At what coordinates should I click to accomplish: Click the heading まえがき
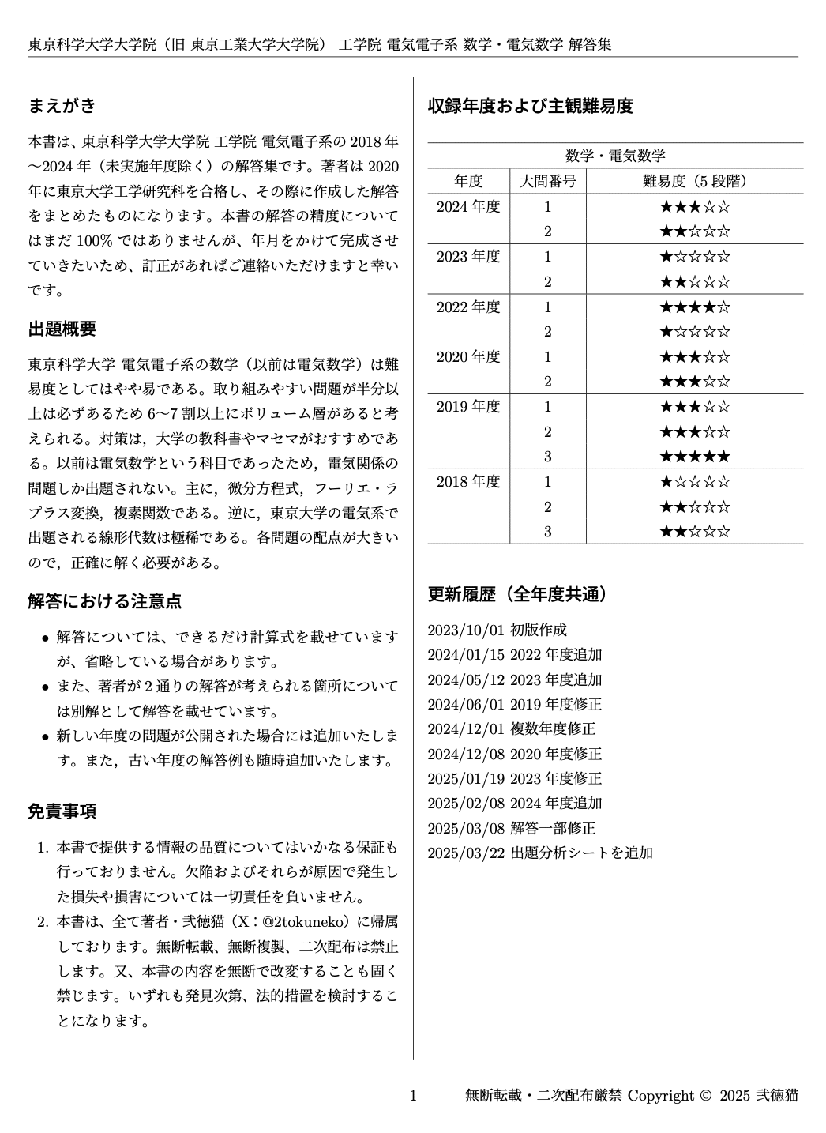[62, 105]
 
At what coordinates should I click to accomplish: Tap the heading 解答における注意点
[105, 600]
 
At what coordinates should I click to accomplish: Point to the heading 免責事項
[62, 811]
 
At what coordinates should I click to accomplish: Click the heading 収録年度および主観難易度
[530, 105]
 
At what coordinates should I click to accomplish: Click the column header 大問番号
[547, 181]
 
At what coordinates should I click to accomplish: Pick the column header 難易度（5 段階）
[694, 181]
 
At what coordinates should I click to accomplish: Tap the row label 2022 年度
[468, 307]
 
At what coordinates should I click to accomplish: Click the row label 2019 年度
[468, 407]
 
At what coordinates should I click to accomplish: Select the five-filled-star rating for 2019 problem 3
[694, 457]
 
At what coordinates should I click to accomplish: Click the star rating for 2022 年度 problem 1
[694, 307]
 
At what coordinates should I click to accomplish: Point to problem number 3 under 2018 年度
[547, 532]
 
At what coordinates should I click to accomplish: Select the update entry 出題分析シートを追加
[582, 853]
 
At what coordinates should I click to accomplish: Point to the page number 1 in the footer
[412, 1095]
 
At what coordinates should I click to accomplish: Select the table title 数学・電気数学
[615, 156]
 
